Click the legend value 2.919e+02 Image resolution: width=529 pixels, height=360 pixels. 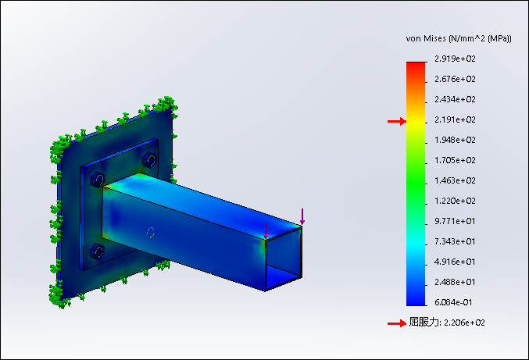455,59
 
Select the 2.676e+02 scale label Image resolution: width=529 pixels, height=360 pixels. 455,79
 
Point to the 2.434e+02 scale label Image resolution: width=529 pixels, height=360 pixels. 455,99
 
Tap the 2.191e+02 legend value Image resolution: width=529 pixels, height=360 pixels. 455,119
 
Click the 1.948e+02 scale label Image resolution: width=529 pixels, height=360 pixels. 455,140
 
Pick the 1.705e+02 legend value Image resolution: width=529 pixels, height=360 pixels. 455,160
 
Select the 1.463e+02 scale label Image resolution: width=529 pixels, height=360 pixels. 455,180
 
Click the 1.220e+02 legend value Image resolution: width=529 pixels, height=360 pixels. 455,201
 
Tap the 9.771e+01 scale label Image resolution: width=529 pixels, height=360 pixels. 455,221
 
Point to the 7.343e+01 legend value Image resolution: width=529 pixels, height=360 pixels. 455,241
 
